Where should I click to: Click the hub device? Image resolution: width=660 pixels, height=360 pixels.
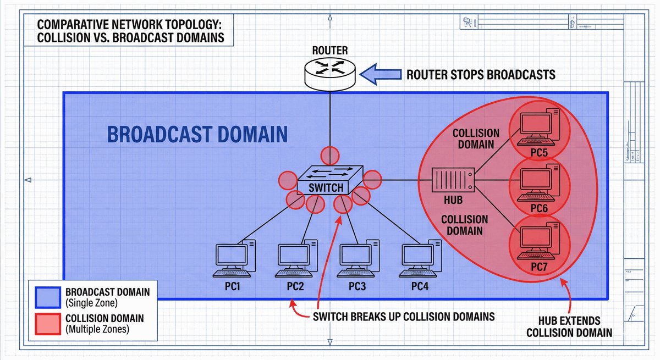(452, 179)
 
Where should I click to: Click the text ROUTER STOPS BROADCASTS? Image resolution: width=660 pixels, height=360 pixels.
(481, 75)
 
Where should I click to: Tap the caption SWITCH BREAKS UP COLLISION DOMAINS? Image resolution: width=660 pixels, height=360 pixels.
(403, 317)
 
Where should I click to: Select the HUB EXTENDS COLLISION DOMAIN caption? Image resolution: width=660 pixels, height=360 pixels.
(569, 326)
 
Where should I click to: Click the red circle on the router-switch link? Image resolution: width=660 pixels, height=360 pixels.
(330, 155)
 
